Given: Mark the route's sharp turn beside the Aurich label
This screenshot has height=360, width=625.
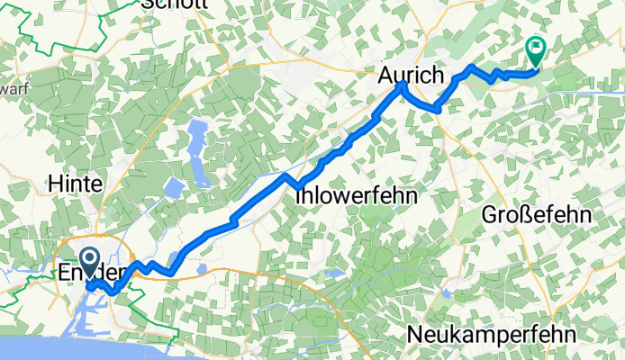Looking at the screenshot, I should pyautogui.click(x=403, y=84).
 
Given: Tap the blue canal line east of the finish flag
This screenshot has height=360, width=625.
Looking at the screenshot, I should pyautogui.click(x=585, y=90).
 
